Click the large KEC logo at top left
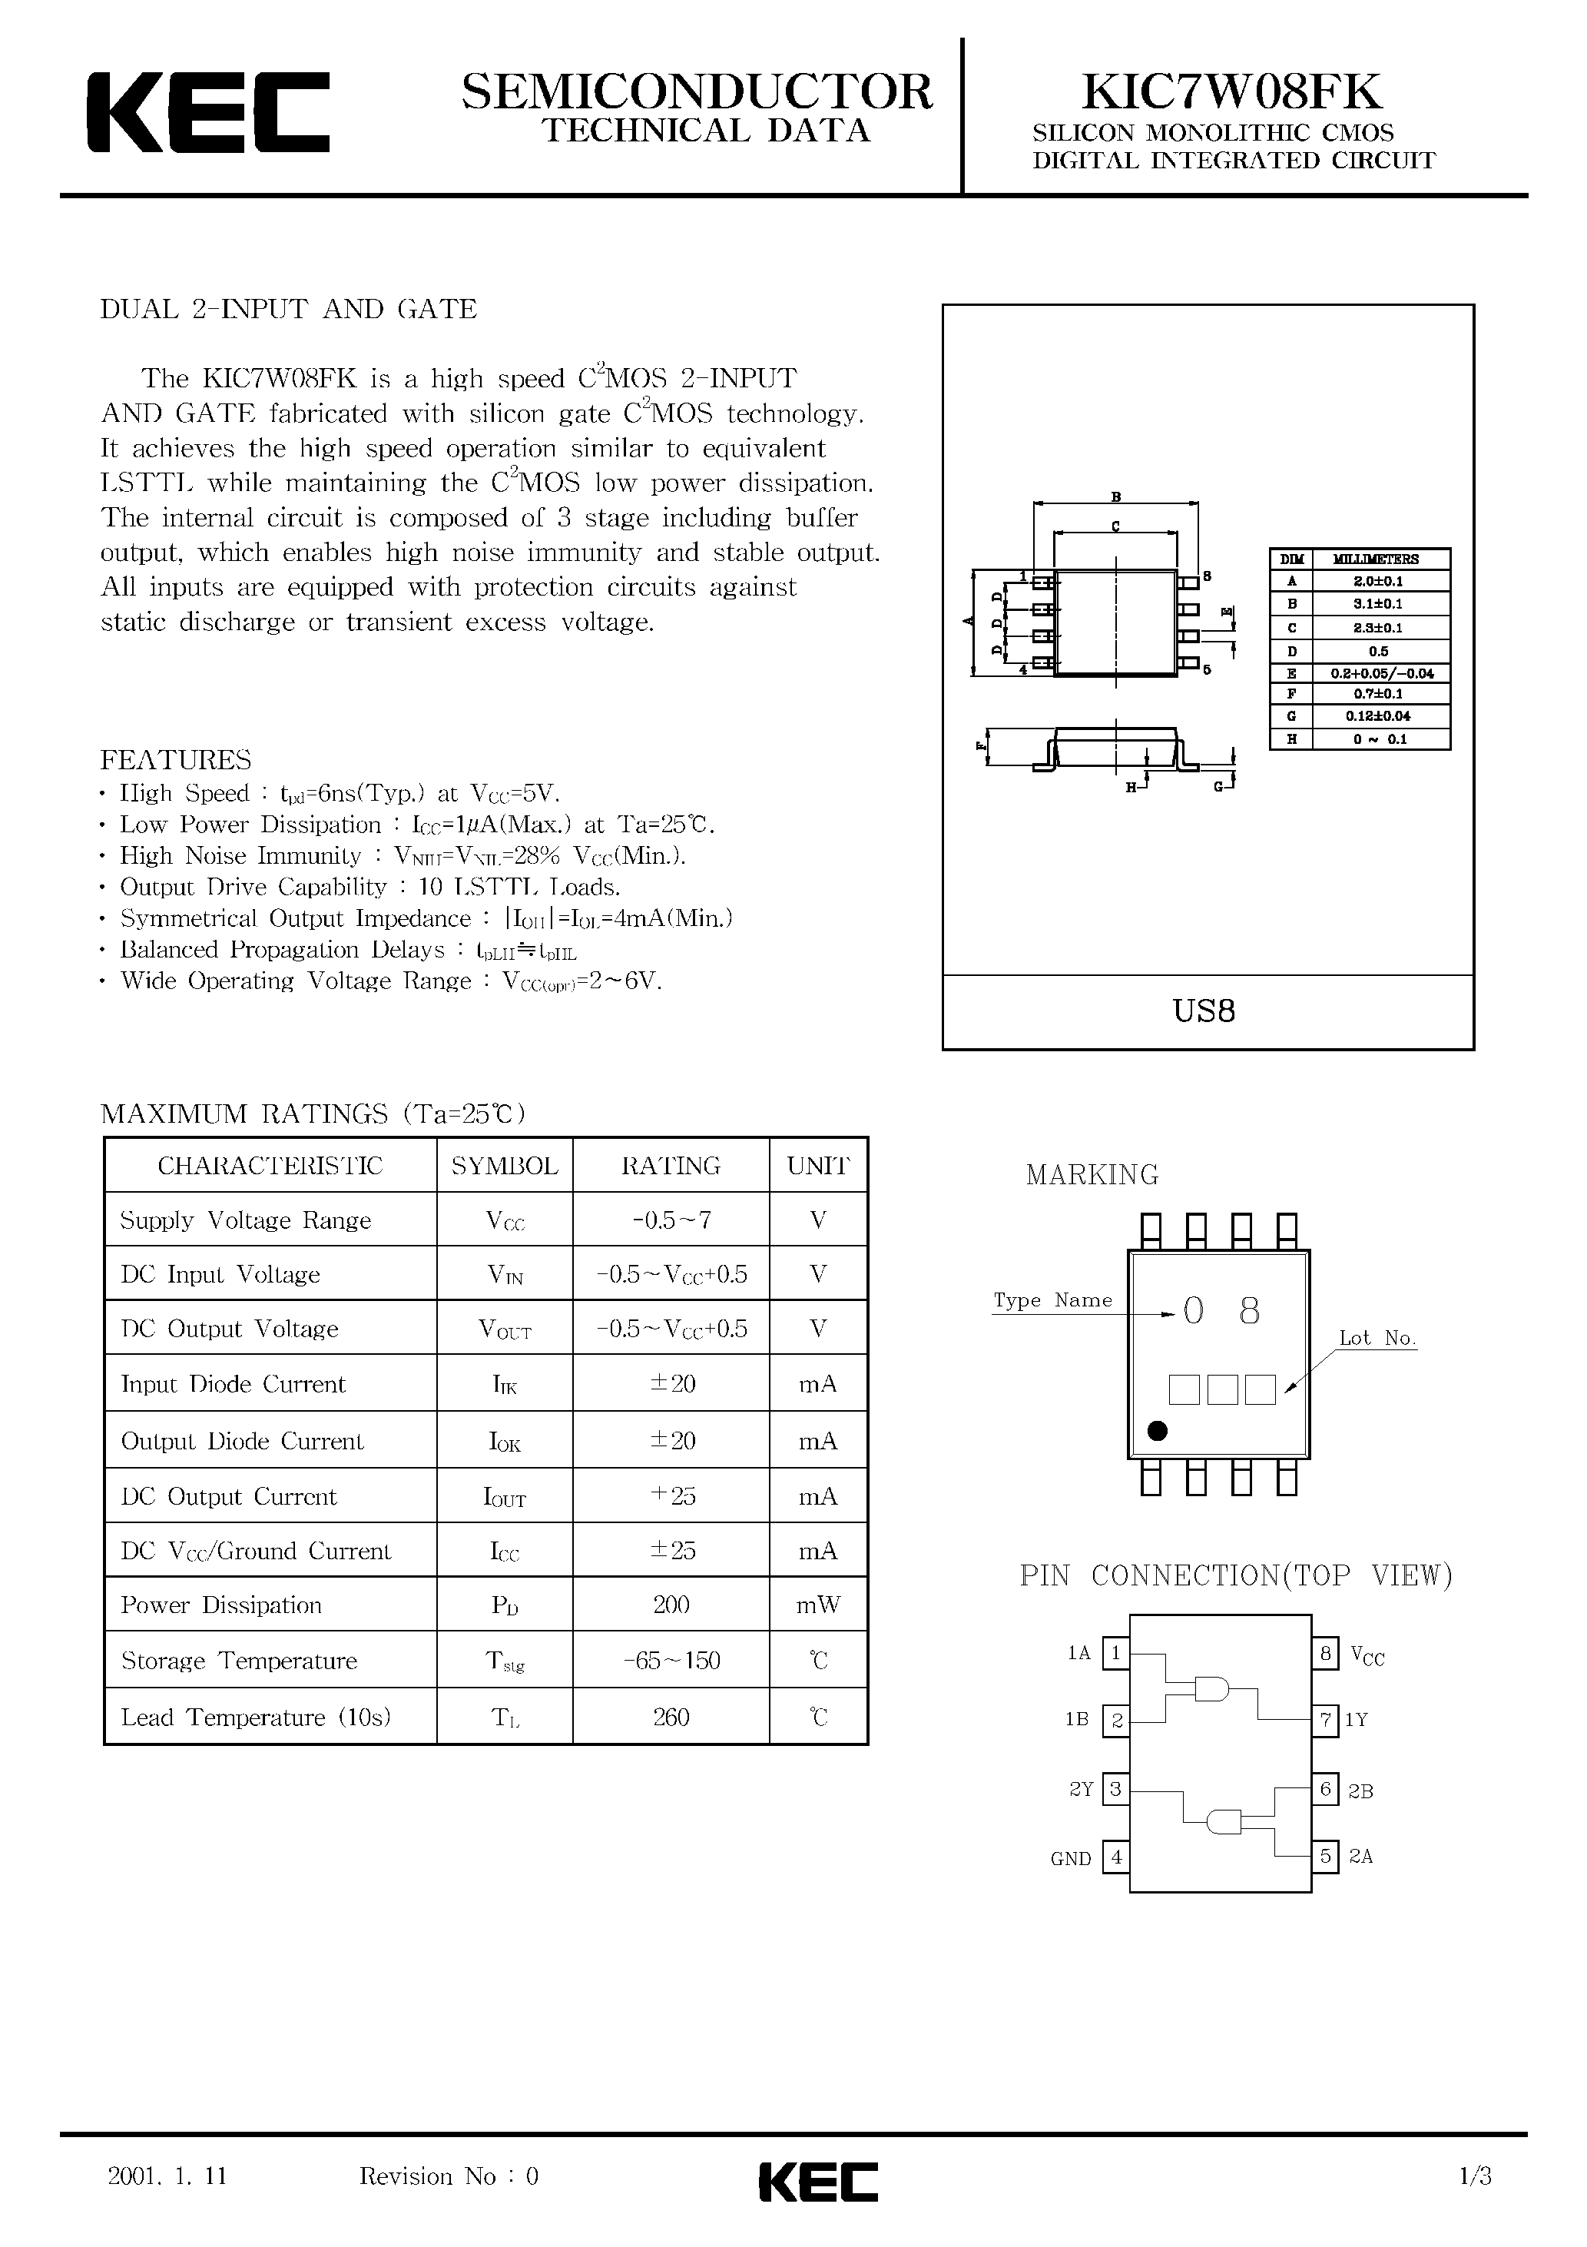click(x=207, y=111)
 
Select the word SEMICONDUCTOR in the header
click(x=697, y=92)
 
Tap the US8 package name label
click(x=1204, y=1011)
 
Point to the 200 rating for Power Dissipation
click(x=671, y=1605)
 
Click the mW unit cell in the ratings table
click(x=818, y=1605)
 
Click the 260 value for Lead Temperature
click(x=671, y=1718)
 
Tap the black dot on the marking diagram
click(x=1157, y=1432)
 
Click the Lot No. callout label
click(x=1377, y=1338)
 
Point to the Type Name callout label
click(x=1053, y=1301)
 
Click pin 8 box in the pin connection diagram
click(x=1325, y=1654)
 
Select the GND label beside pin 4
click(x=1070, y=1858)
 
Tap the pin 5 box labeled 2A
click(x=1325, y=1856)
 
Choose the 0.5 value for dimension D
click(x=1379, y=651)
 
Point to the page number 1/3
click(x=1475, y=2176)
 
